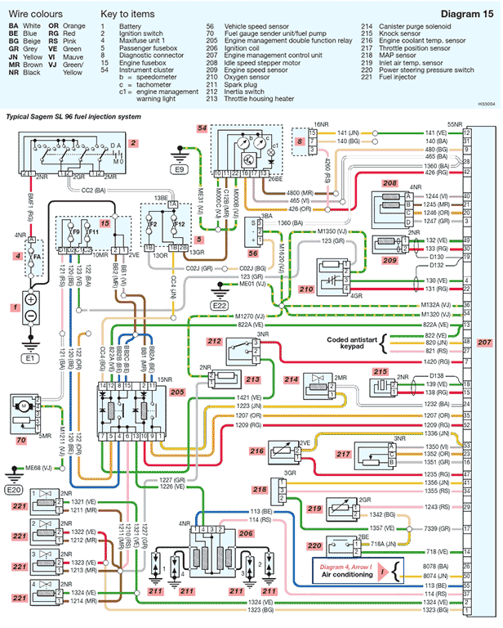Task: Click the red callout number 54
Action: click(x=202, y=128)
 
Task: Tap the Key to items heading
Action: click(x=127, y=15)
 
